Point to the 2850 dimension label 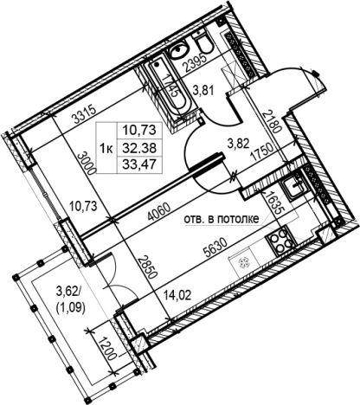[147, 267]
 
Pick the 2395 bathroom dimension [196, 63]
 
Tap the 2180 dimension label [272, 121]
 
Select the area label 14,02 [177, 296]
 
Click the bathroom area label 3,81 [203, 91]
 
